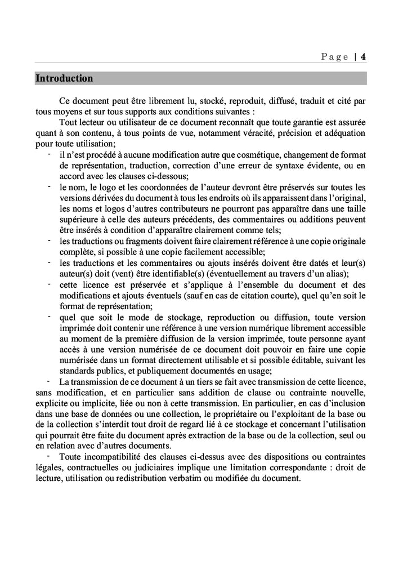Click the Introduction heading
tap(64, 78)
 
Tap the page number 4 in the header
tap(364, 56)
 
